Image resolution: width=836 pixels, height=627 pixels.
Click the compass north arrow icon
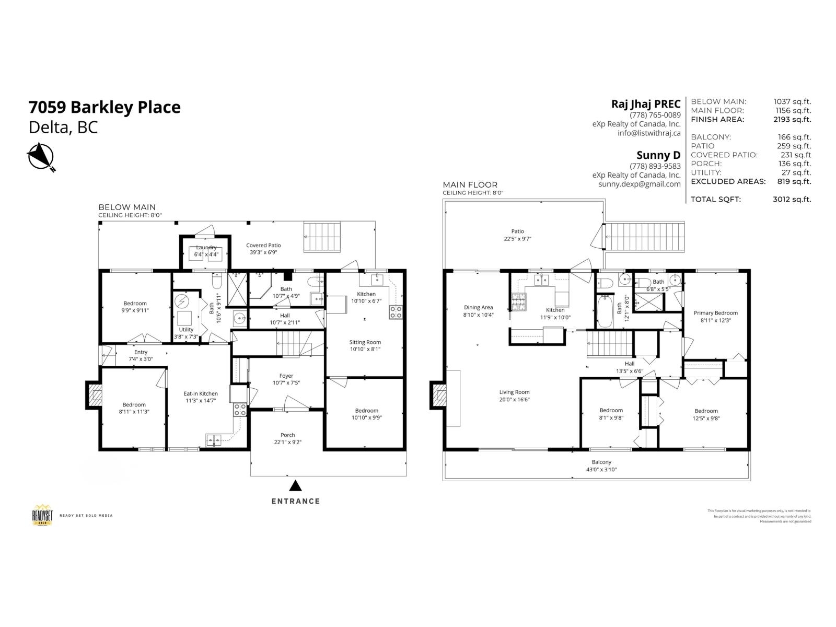point(41,157)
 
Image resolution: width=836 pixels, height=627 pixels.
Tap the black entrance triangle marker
point(296,486)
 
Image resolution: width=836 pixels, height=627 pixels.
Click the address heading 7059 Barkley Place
point(104,107)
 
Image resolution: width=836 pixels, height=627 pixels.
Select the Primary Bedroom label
point(715,313)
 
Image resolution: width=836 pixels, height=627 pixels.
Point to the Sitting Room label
point(365,342)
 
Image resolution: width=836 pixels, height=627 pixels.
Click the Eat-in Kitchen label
point(201,393)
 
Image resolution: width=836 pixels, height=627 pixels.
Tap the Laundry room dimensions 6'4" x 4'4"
point(206,254)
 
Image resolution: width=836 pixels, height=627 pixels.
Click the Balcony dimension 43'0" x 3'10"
point(601,469)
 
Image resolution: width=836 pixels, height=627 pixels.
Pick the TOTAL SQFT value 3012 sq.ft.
point(792,199)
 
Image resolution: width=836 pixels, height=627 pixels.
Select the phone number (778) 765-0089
point(655,115)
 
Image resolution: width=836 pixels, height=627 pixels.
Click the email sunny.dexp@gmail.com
point(639,184)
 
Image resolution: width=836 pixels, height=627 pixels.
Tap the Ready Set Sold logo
point(42,515)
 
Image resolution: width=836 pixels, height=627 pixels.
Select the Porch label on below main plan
point(287,435)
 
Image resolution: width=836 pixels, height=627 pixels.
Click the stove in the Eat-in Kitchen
point(239,410)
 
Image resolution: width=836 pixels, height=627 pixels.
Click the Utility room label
point(185,330)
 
